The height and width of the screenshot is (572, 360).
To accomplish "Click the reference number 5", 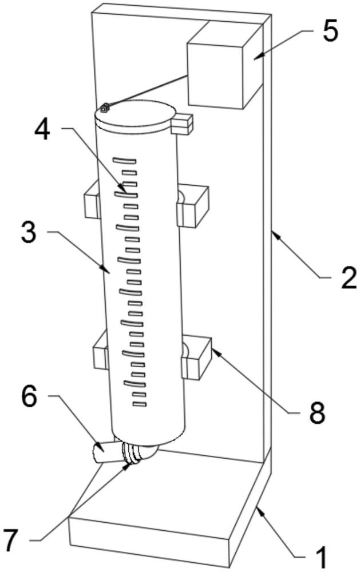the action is click(x=330, y=33).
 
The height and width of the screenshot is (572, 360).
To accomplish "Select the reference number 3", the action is click(x=29, y=233).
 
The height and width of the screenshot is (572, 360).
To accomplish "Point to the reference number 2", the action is click(x=349, y=279).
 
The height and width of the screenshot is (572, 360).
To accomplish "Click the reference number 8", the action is click(x=317, y=412).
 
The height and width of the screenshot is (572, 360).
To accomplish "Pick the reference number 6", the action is click(x=29, y=396).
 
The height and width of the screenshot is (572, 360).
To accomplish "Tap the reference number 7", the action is click(x=10, y=540).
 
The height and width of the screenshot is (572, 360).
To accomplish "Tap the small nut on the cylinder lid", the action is click(x=105, y=108).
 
